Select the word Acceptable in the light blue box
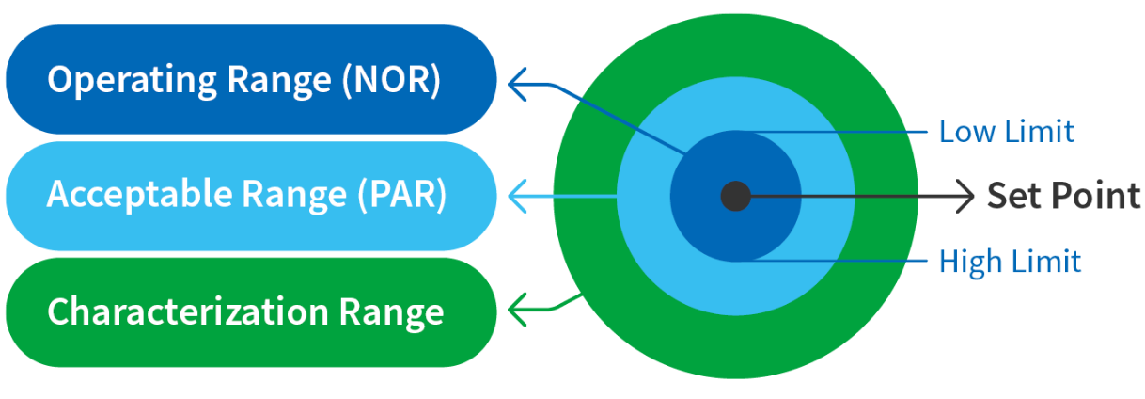(x=140, y=195)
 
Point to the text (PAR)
(x=401, y=195)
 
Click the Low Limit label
(x=1006, y=132)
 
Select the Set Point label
(x=1063, y=196)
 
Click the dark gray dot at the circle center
(x=735, y=196)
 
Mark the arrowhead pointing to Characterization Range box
(x=516, y=306)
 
